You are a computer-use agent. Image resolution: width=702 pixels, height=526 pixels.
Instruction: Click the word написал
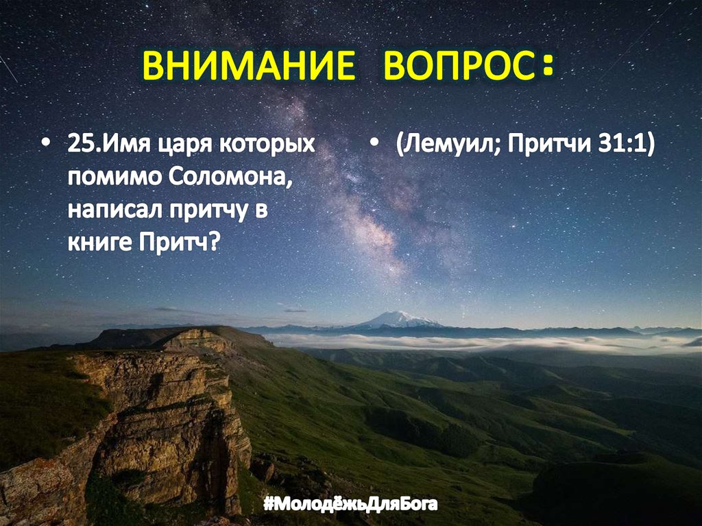110,211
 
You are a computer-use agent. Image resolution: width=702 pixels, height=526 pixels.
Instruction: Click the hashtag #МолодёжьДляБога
350,505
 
